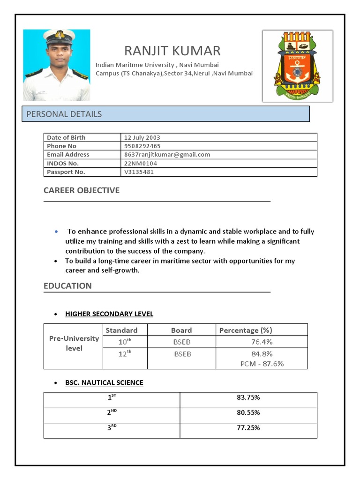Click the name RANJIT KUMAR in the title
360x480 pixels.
click(x=172, y=51)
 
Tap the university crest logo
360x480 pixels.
click(x=297, y=66)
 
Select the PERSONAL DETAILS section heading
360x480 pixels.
click(x=64, y=114)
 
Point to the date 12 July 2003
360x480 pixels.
click(x=142, y=137)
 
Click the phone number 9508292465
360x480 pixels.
click(x=142, y=146)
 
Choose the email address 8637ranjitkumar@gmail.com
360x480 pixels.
click(x=167, y=154)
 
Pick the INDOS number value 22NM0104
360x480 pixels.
click(x=141, y=163)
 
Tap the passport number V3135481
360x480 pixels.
click(x=139, y=172)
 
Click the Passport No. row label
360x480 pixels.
click(x=66, y=172)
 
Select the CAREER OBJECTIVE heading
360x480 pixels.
click(x=82, y=190)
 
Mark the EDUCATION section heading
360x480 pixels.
click(x=67, y=286)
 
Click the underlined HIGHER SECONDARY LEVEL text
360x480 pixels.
click(x=109, y=314)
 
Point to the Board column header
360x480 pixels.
click(x=181, y=330)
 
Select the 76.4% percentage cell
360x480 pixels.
click(x=262, y=342)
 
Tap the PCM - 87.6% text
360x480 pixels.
click(x=262, y=363)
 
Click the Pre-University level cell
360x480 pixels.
click(x=74, y=343)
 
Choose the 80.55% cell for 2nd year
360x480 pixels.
click(x=248, y=412)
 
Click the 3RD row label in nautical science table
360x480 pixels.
click(x=112, y=427)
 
